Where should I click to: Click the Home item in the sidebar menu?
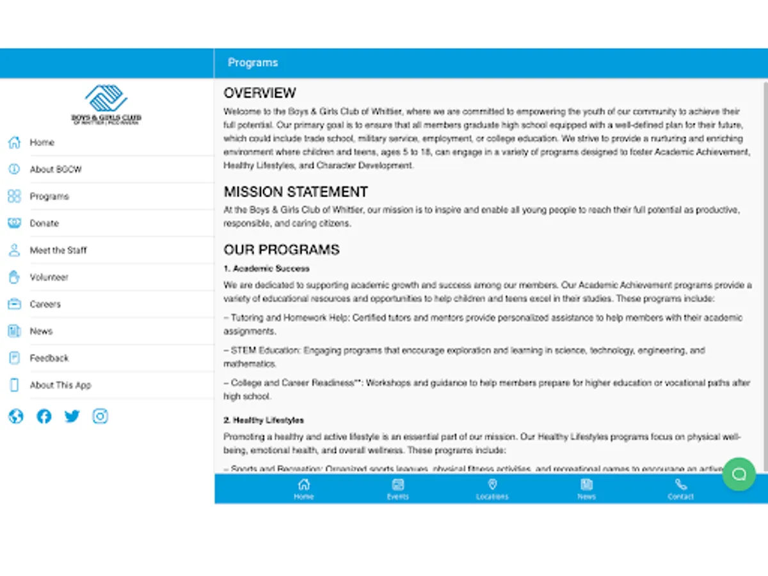(x=42, y=143)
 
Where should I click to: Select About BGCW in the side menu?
(x=56, y=170)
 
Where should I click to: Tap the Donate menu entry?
(x=44, y=223)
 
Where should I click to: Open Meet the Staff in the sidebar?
(x=58, y=250)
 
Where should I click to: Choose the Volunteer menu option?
(x=49, y=277)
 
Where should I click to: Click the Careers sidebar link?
(x=45, y=304)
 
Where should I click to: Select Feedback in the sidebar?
(x=49, y=358)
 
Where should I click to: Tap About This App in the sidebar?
(x=60, y=385)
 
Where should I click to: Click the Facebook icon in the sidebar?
(x=44, y=417)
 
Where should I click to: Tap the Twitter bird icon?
(x=72, y=417)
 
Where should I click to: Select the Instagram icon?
(x=100, y=417)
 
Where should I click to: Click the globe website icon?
(x=16, y=417)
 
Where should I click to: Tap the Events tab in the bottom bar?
(x=397, y=489)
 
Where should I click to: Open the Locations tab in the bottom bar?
(x=492, y=489)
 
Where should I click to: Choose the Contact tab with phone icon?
(x=680, y=489)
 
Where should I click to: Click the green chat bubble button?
(x=739, y=474)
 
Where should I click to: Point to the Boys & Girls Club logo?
(x=106, y=104)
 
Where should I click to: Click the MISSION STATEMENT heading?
(x=296, y=192)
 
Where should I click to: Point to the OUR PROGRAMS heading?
(x=282, y=250)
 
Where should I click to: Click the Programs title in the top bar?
(x=253, y=63)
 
